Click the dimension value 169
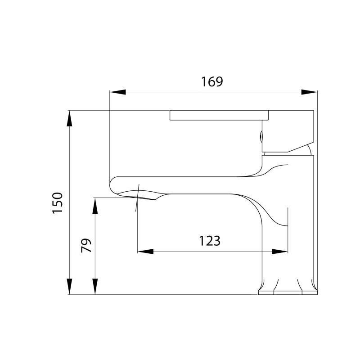point(212,81)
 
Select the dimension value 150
point(57,202)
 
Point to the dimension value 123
point(210,241)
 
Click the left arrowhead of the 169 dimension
point(117,92)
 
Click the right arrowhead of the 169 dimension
point(310,92)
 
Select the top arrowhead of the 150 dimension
point(70,118)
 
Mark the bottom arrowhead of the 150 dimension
point(70,286)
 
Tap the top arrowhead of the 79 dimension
point(95,206)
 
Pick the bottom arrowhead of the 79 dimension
point(95,286)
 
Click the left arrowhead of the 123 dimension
point(145,251)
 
